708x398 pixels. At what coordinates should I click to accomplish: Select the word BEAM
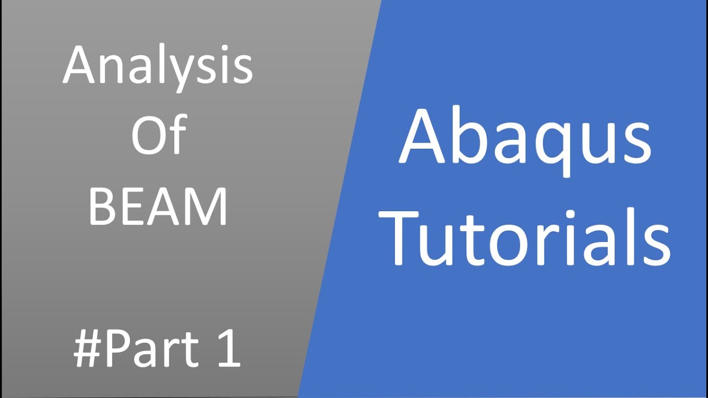click(x=158, y=207)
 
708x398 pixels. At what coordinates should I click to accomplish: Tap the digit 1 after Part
click(x=229, y=349)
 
